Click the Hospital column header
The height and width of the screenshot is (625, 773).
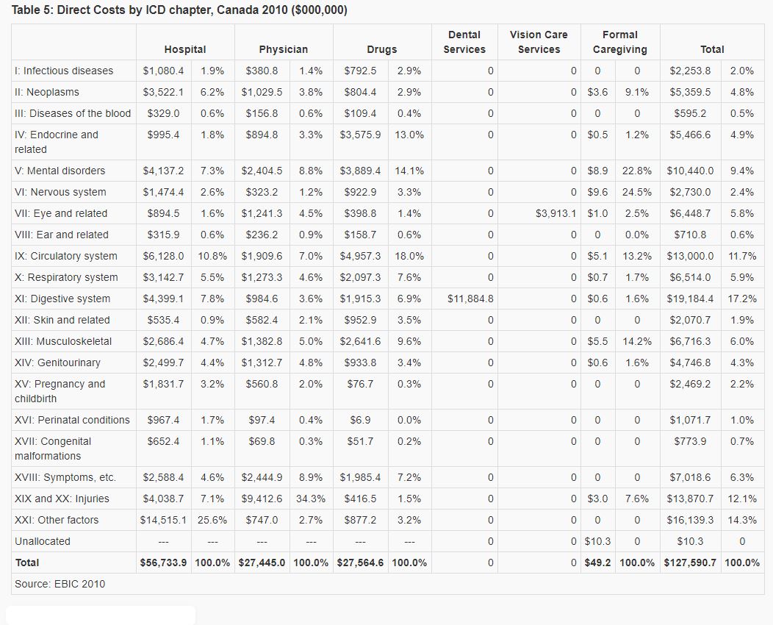(x=185, y=49)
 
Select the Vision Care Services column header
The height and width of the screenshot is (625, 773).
(x=539, y=42)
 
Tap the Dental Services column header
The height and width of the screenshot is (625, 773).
(x=464, y=42)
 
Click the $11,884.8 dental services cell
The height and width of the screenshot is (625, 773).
(x=470, y=299)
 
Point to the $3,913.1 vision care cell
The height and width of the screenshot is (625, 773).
(x=556, y=213)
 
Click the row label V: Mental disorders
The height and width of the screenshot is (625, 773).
(x=60, y=171)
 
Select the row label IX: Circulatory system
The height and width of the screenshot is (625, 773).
(x=66, y=256)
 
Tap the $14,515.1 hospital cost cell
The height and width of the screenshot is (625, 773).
(x=163, y=520)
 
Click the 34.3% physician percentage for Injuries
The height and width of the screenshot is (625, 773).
(x=311, y=499)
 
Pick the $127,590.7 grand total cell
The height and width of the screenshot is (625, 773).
(x=690, y=562)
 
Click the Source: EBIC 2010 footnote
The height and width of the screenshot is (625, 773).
(x=60, y=584)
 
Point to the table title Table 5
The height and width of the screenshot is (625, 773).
(x=180, y=10)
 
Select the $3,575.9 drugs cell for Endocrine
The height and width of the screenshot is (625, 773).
(x=360, y=135)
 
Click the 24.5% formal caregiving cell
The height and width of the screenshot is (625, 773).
(x=636, y=192)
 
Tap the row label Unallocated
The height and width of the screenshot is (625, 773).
(x=43, y=541)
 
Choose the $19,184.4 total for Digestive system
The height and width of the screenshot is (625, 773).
(x=690, y=299)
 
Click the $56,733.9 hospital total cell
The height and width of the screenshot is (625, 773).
(x=163, y=562)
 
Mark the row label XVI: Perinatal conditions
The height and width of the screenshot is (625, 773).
(x=72, y=420)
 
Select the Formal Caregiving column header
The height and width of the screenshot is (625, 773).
(x=619, y=42)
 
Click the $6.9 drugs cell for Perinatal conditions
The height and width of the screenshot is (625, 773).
(x=360, y=420)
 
